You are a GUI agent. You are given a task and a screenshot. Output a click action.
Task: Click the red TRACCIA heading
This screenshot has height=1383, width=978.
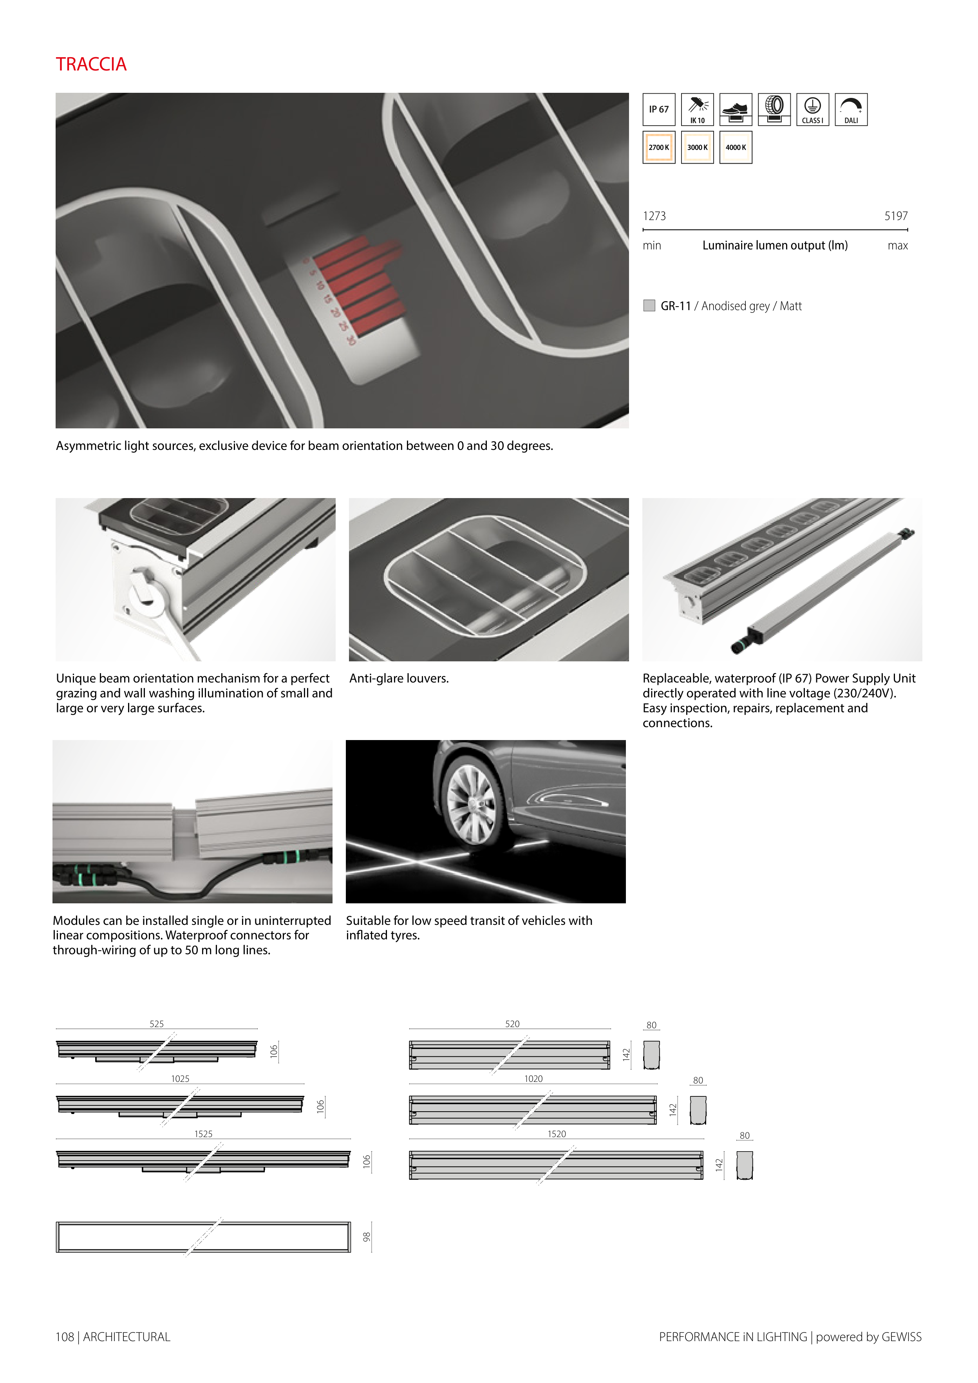point(91,65)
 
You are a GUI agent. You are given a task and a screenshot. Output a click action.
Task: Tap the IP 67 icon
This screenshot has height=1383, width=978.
point(659,109)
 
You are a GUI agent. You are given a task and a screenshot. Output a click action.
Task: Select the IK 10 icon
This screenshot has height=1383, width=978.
point(697,109)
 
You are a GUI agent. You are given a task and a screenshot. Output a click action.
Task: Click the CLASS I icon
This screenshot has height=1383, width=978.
point(812,109)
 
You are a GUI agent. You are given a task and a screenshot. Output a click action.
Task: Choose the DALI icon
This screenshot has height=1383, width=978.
point(851,109)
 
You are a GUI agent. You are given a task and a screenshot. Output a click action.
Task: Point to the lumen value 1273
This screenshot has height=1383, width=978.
point(654,216)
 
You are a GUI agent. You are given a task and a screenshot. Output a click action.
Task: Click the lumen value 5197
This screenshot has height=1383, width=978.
point(895,216)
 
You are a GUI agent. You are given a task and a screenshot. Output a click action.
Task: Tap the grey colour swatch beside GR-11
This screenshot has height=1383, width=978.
point(649,305)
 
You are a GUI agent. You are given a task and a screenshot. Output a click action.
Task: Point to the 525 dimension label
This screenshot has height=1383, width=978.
point(157,1024)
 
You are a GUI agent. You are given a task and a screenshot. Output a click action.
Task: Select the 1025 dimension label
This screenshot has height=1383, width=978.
point(180,1078)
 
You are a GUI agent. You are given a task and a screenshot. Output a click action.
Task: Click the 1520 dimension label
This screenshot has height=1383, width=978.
point(557,1134)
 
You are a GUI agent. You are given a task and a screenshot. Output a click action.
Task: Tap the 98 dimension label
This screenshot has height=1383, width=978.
point(366,1236)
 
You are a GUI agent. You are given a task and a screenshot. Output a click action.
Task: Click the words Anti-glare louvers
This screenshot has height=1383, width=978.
point(399,678)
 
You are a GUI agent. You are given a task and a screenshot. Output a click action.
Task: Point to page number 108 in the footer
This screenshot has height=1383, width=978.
point(65,1337)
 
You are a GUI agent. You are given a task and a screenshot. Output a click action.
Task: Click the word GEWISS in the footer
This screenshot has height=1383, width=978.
point(902,1337)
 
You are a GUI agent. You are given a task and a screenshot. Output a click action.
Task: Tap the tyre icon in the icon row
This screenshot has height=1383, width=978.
point(774,109)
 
